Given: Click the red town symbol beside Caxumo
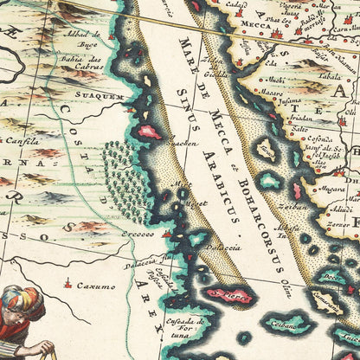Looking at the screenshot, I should pos(67,284).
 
